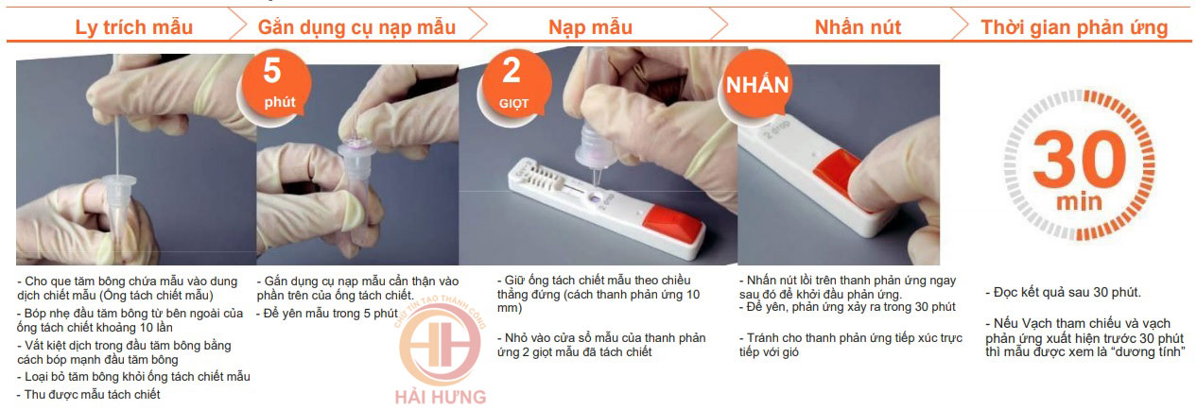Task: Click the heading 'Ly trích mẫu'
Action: (x=133, y=27)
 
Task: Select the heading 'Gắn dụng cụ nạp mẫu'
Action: (x=356, y=27)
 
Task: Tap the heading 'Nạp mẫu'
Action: (x=591, y=27)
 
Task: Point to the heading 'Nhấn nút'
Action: (x=858, y=26)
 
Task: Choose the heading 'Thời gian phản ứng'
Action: (x=1074, y=27)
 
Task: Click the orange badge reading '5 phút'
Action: (x=275, y=84)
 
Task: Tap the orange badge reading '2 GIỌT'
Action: (x=514, y=84)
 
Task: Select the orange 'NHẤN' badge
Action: (x=756, y=84)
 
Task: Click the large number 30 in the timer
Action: (x=1080, y=159)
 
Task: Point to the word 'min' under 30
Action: (x=1080, y=202)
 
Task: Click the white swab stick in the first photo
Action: (x=116, y=133)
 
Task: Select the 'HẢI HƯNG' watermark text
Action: (x=441, y=397)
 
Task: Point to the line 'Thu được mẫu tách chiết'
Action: (x=92, y=395)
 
